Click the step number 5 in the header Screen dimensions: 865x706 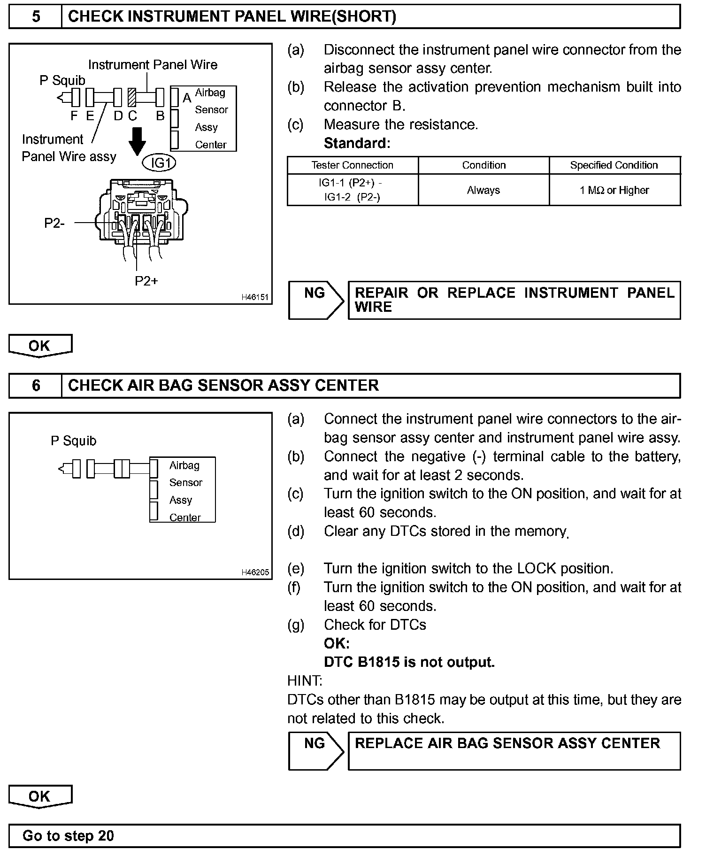point(36,17)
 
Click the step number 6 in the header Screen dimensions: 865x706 point(36,386)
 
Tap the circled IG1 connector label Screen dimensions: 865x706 point(159,163)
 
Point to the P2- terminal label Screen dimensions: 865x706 point(54,223)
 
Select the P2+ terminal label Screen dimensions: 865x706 point(146,281)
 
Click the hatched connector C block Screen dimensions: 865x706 point(132,98)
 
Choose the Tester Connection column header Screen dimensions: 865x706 point(352,165)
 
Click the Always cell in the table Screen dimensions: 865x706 point(483,190)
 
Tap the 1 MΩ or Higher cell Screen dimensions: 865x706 point(614,190)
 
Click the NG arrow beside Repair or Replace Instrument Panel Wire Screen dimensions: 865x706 point(315,300)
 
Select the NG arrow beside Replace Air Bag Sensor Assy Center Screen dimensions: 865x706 point(315,750)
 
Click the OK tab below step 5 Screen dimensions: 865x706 point(40,346)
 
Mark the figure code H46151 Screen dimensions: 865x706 point(254,297)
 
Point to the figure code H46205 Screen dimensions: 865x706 point(254,572)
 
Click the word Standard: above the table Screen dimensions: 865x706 point(357,143)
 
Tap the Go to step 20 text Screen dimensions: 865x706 point(68,836)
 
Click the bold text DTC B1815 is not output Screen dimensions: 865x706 point(409,662)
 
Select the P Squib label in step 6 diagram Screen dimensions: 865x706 point(73,441)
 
